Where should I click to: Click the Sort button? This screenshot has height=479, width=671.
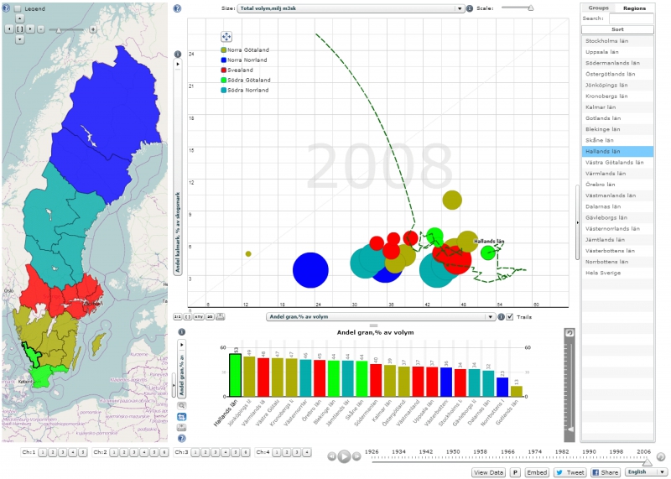pos(617,28)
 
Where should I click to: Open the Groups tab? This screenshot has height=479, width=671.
pos(599,7)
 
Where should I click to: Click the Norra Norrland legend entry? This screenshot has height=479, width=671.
pos(243,60)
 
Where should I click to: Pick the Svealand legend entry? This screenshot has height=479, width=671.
pos(239,70)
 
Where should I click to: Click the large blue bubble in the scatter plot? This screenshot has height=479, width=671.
pos(310,269)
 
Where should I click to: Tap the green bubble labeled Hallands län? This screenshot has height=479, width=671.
pos(487,253)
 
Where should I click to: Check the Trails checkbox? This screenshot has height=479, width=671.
pos(511,317)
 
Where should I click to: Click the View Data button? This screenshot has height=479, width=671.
pos(489,472)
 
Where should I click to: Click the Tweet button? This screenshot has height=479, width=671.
pos(570,472)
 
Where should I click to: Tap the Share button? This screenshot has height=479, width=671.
pos(606,472)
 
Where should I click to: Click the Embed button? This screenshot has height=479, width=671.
pos(537,472)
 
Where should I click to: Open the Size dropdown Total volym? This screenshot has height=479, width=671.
pos(351,8)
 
